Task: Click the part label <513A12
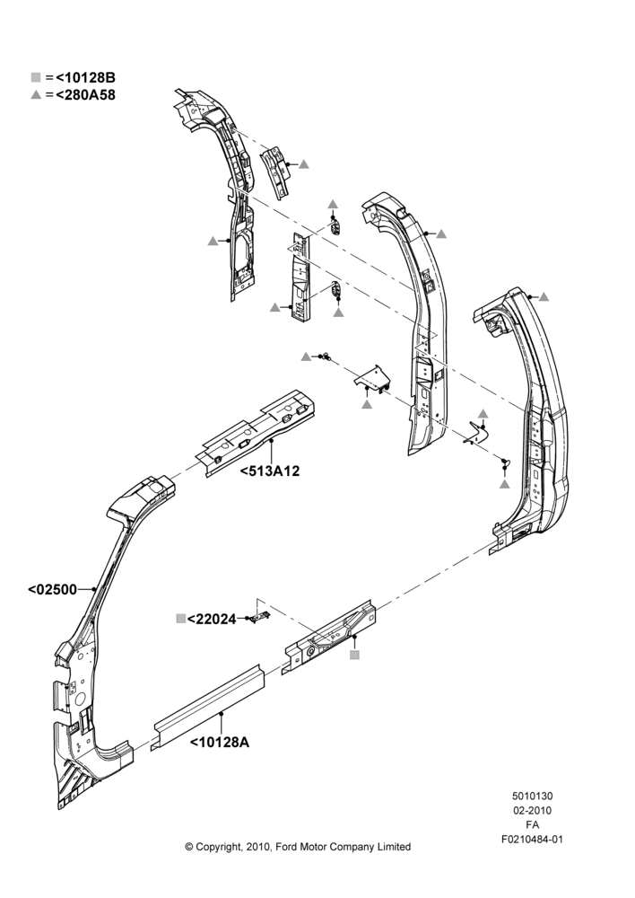(269, 471)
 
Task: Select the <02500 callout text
(52, 589)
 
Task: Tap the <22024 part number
(212, 619)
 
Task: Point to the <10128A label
(220, 743)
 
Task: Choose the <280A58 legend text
(86, 95)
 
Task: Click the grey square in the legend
(36, 77)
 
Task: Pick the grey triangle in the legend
(36, 95)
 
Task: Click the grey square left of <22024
(181, 619)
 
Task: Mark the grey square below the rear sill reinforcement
(354, 655)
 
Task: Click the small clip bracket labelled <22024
(261, 616)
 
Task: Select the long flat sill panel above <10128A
(208, 708)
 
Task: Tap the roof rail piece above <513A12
(257, 433)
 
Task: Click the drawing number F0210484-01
(532, 840)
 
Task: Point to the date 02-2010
(532, 810)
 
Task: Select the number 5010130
(532, 796)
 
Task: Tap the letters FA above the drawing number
(532, 825)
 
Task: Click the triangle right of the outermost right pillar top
(544, 296)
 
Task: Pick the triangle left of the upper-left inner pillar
(213, 241)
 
